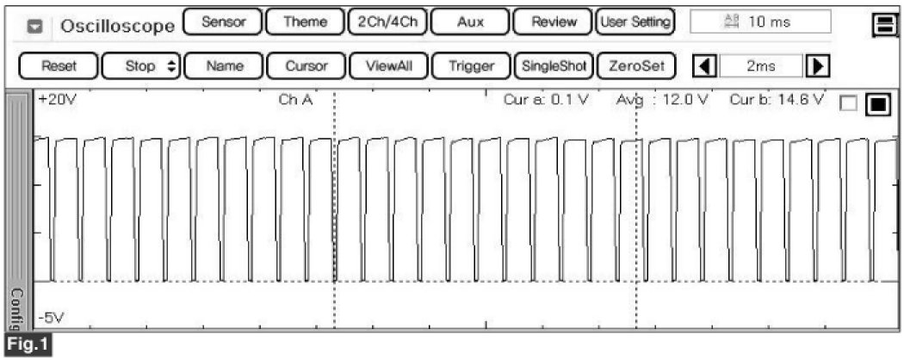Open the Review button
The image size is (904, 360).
pos(553,22)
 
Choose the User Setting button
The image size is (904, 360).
pos(635,22)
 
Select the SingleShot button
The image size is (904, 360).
pos(553,65)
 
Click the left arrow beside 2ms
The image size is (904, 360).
pos(705,65)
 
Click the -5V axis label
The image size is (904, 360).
pos(53,318)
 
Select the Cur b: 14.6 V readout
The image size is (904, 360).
pos(777,99)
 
